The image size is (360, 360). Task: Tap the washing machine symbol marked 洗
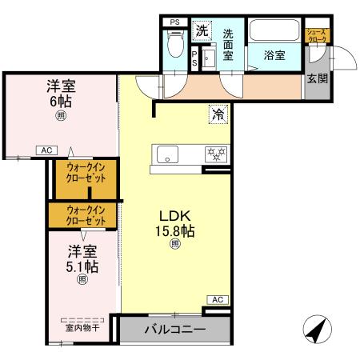(202, 31)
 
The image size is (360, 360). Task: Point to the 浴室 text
(274, 56)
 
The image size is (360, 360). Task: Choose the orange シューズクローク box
(317, 36)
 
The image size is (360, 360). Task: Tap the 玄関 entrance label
(316, 78)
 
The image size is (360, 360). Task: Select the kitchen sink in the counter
(170, 154)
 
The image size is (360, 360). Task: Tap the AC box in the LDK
(216, 299)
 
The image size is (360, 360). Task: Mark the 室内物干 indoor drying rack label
(80, 326)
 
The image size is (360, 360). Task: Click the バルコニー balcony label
(174, 330)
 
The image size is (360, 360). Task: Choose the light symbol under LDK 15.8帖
(174, 245)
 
